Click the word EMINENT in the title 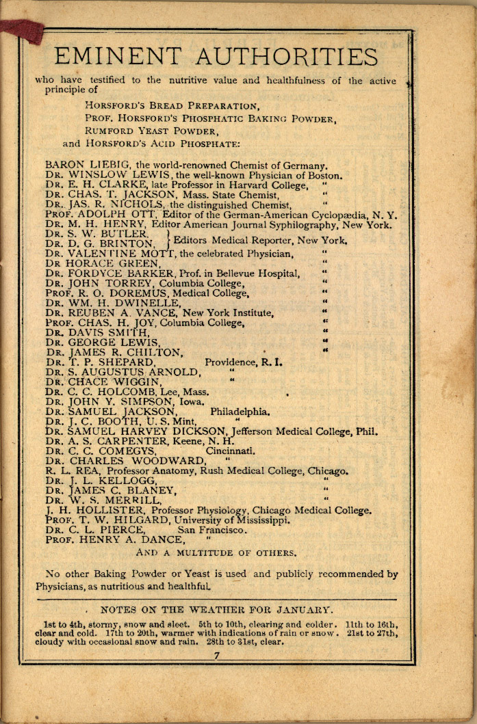[x=117, y=57]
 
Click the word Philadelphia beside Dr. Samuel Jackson [x=240, y=412]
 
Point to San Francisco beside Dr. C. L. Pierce [x=212, y=530]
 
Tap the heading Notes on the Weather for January [x=217, y=608]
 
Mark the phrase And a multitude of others [x=217, y=552]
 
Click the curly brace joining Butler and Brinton [x=168, y=239]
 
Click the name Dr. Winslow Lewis [x=107, y=174]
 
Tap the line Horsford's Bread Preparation [x=172, y=106]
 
